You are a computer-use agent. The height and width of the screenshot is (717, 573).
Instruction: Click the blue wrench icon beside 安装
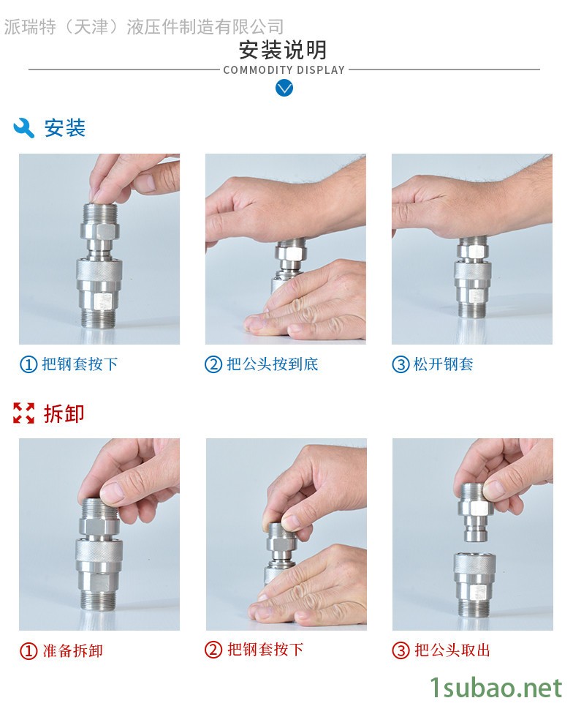[24, 127]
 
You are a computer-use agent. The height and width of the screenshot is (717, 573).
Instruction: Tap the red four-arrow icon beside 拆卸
[24, 413]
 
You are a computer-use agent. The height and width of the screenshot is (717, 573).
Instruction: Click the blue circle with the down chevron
[284, 88]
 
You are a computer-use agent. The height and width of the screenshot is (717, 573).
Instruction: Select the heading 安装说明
[284, 50]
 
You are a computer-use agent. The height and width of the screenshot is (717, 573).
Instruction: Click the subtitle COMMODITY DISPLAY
[284, 70]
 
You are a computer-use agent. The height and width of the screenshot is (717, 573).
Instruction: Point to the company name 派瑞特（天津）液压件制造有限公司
[144, 27]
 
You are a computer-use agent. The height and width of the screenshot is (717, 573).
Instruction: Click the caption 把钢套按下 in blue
[80, 364]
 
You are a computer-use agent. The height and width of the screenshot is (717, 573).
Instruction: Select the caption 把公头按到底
[273, 364]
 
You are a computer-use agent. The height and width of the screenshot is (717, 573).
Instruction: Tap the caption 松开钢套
[443, 364]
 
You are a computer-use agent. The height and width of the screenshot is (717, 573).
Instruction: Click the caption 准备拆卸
[73, 650]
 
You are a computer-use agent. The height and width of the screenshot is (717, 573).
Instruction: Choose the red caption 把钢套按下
[265, 650]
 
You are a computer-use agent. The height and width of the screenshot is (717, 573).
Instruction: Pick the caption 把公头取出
[452, 650]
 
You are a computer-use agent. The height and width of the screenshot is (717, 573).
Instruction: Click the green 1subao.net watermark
[496, 688]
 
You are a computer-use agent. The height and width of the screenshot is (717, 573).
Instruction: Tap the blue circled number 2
[213, 364]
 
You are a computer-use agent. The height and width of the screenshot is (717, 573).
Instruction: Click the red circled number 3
[401, 650]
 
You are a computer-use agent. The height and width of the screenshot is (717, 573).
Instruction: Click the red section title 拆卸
[64, 413]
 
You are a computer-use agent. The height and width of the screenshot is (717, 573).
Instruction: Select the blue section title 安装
[64, 128]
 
